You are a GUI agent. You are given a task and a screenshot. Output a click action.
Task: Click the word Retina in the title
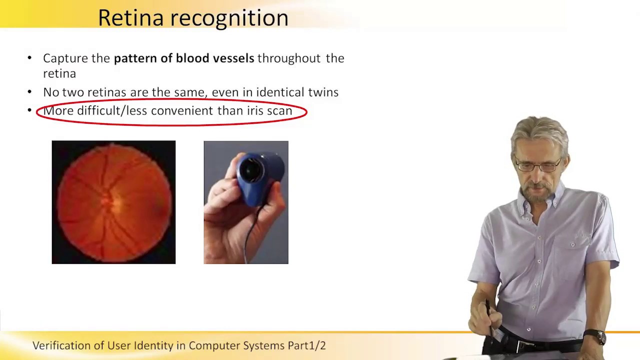pos(130,18)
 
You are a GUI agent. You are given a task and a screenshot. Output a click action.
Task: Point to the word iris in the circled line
pos(255,110)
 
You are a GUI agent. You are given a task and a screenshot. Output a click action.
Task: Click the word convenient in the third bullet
pos(182,110)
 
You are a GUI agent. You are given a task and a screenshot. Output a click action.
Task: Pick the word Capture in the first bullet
pos(65,58)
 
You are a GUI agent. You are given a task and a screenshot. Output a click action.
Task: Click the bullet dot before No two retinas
pos(30,92)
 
